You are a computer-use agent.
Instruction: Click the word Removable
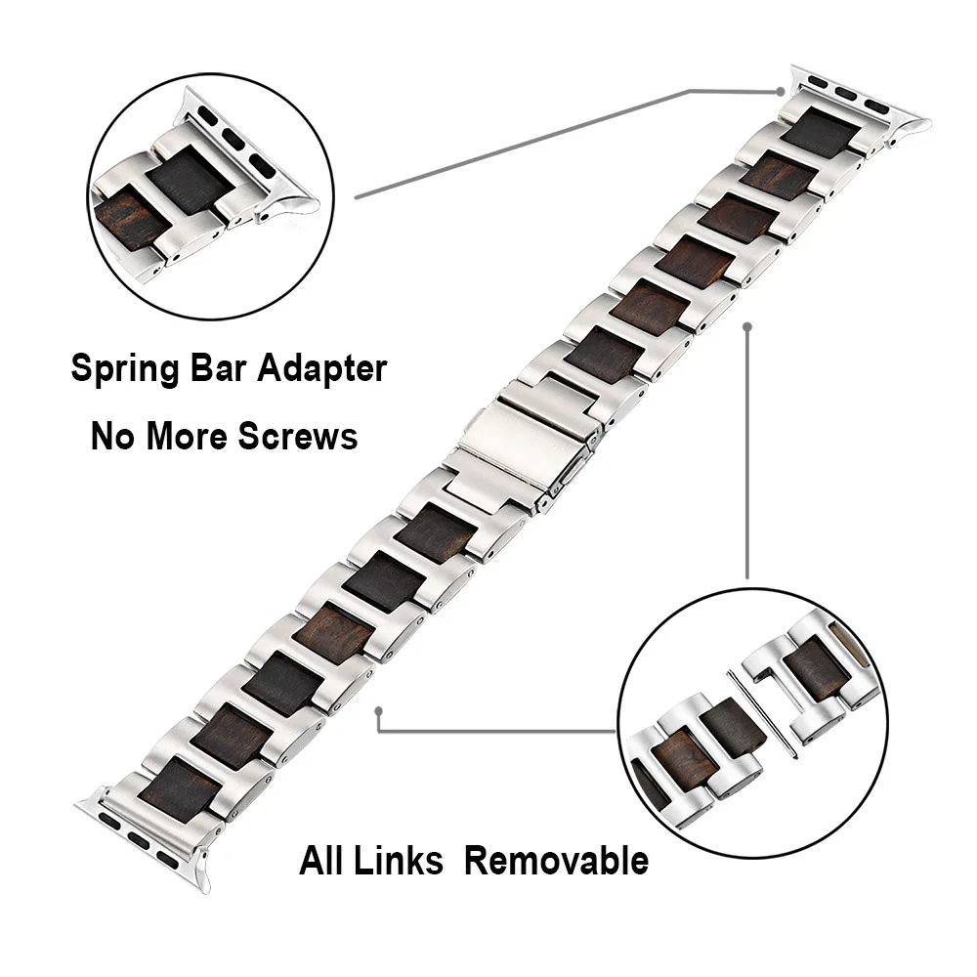[556, 861]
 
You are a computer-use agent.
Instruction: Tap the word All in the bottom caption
[322, 861]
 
